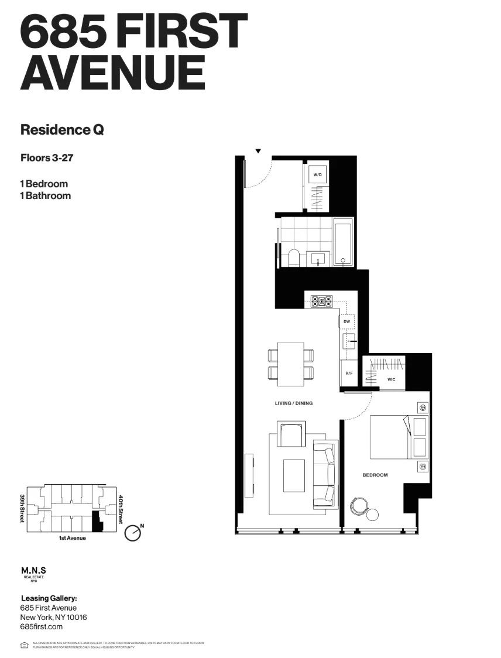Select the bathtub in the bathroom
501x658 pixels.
(343, 242)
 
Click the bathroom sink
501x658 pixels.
(319, 258)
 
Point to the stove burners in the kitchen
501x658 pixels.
(321, 302)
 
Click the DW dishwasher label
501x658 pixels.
(346, 322)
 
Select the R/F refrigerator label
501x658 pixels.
(348, 373)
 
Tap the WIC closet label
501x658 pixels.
(392, 379)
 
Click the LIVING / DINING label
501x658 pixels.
(294, 403)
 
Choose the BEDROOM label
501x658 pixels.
(375, 475)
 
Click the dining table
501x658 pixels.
(290, 364)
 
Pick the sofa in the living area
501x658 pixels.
(324, 473)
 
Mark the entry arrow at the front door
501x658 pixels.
(258, 151)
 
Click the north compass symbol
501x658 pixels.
(133, 533)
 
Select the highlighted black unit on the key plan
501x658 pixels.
(97, 520)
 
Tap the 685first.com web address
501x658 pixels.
(41, 626)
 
